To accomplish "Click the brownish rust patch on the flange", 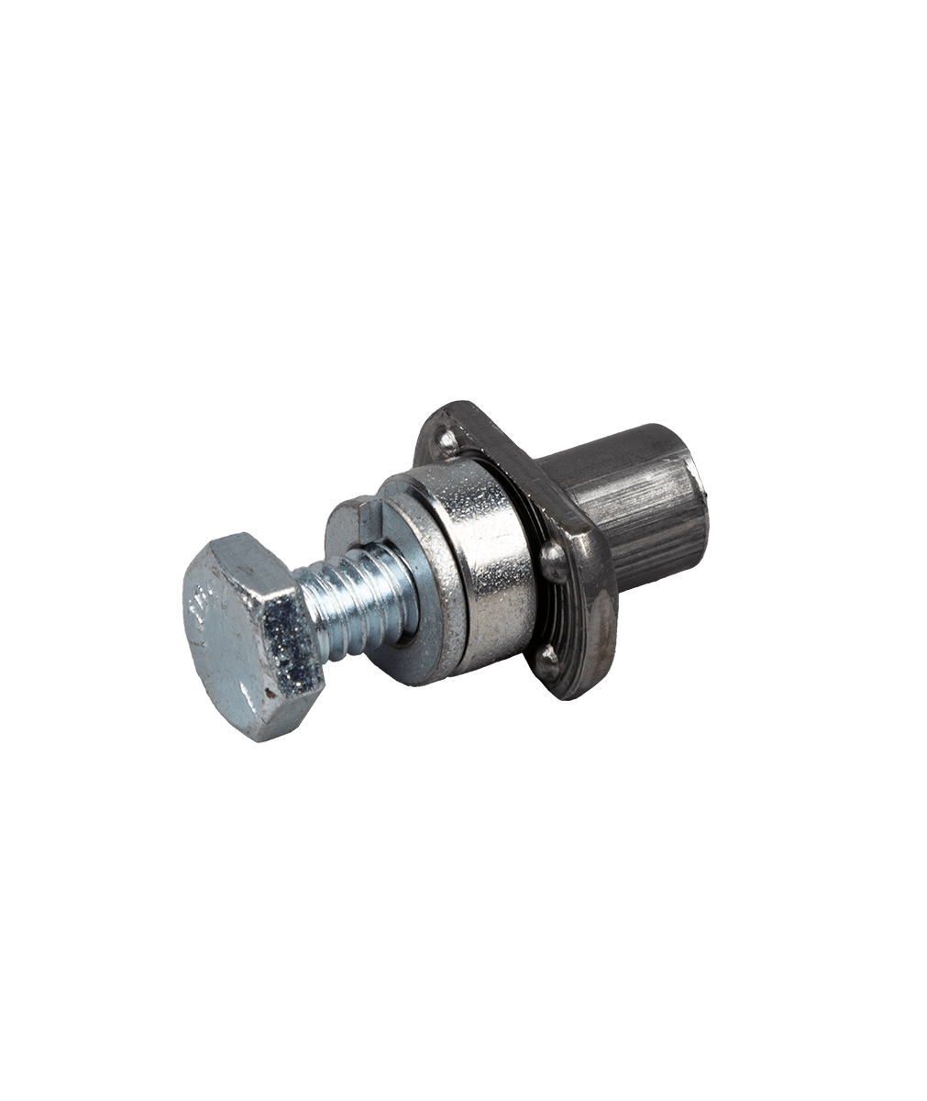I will click(x=601, y=633).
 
